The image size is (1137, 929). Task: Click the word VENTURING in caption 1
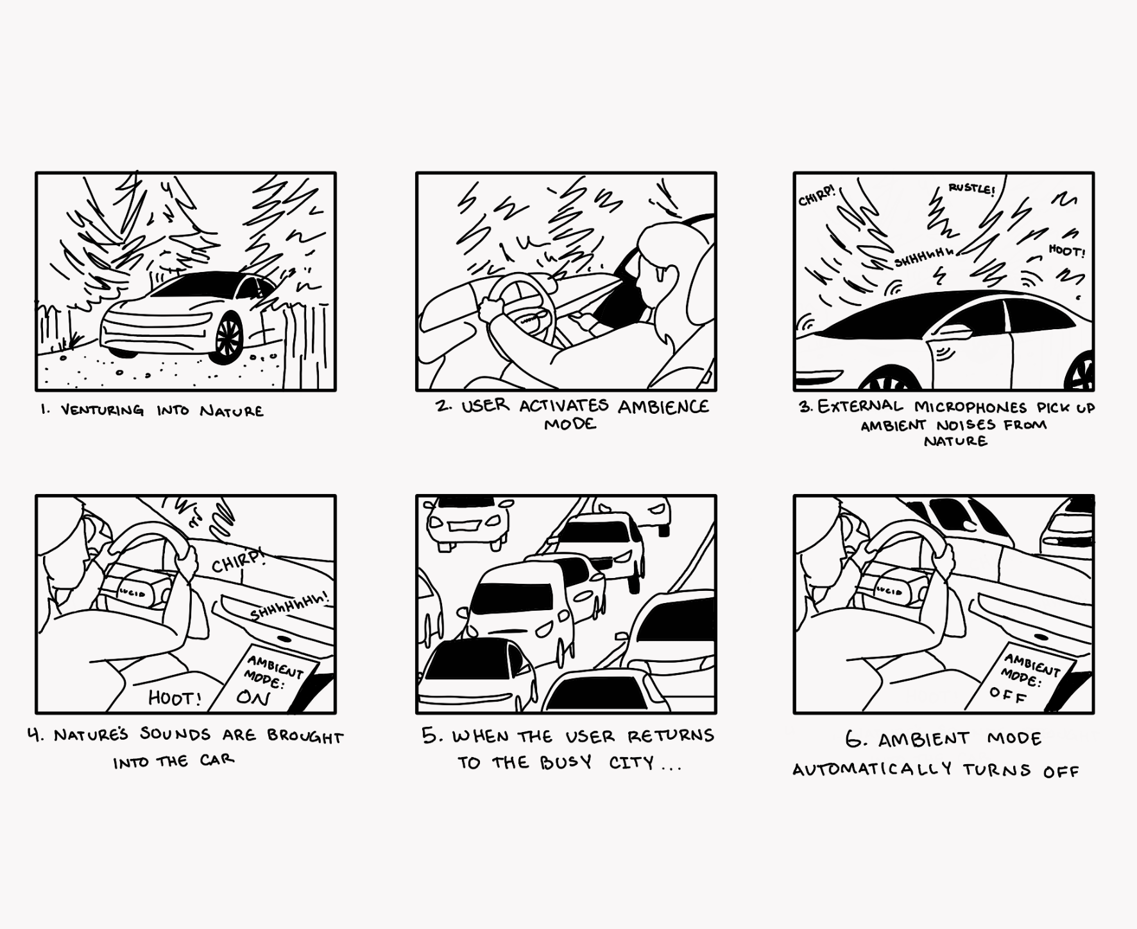point(103,411)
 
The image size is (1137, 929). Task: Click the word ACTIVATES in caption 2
point(563,406)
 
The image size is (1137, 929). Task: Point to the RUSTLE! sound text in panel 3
point(971,189)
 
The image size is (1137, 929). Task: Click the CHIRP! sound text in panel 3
point(817,196)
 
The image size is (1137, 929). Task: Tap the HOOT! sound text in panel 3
point(1067,251)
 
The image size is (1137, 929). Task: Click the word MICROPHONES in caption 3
point(970,407)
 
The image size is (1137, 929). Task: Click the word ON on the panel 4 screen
point(253,697)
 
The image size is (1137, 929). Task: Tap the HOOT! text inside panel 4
point(175,697)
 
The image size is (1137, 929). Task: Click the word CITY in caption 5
point(631,763)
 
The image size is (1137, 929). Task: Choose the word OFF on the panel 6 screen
point(1008,695)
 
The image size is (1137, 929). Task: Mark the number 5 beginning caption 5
point(429,735)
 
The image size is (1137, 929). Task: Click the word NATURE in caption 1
point(232,411)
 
